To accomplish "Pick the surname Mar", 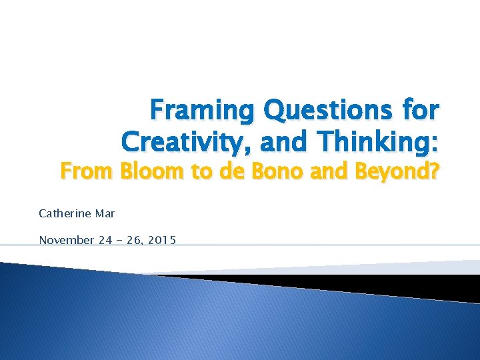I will (105, 214).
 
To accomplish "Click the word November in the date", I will (67, 240).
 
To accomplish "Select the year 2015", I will (160, 240).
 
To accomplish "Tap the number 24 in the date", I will (106, 240).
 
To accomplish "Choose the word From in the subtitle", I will (89, 174).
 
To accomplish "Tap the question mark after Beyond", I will (434, 174).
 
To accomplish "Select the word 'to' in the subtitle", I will (203, 174).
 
